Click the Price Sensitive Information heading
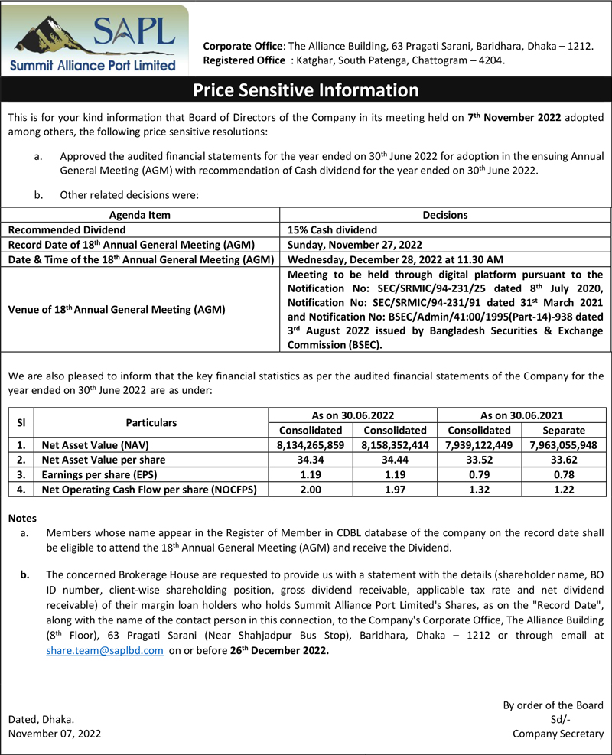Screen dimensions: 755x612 (x=306, y=90)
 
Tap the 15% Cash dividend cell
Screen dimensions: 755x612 (x=332, y=229)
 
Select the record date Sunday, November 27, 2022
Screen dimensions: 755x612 (x=355, y=245)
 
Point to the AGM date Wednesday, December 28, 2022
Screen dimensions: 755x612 (x=396, y=260)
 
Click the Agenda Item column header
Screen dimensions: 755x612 (x=140, y=215)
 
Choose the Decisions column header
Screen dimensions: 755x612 (x=444, y=215)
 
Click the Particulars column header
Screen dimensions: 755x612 (x=151, y=422)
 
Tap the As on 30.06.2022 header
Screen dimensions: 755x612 (x=353, y=415)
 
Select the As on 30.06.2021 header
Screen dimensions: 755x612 (x=522, y=415)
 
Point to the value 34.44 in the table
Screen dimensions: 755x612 (x=396, y=460)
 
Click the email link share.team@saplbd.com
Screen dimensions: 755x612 (x=105, y=650)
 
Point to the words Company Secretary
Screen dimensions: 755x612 (x=558, y=733)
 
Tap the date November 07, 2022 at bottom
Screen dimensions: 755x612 (x=54, y=733)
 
